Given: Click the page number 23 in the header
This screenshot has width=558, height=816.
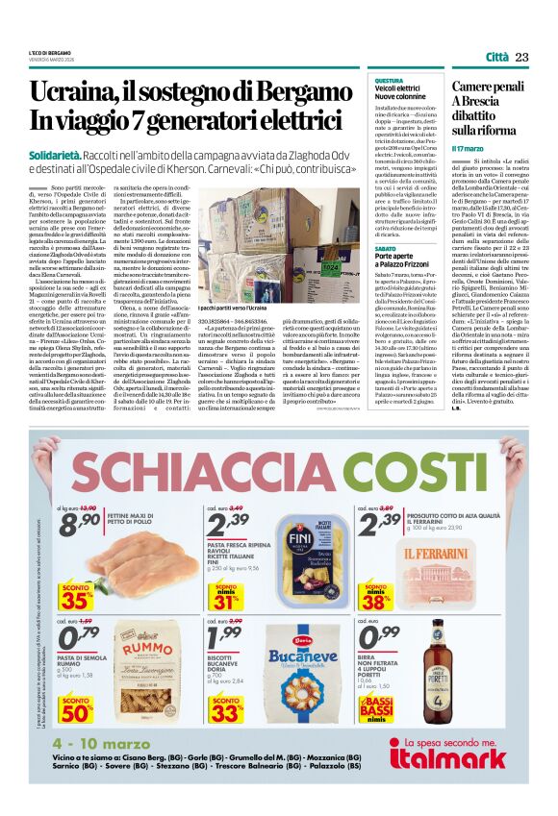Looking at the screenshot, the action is [x=521, y=58].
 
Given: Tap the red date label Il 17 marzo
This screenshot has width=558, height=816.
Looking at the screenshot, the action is [x=469, y=149].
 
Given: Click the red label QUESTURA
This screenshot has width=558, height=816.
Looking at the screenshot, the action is [x=389, y=81].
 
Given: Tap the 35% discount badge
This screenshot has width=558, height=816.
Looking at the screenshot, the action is [x=76, y=598].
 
